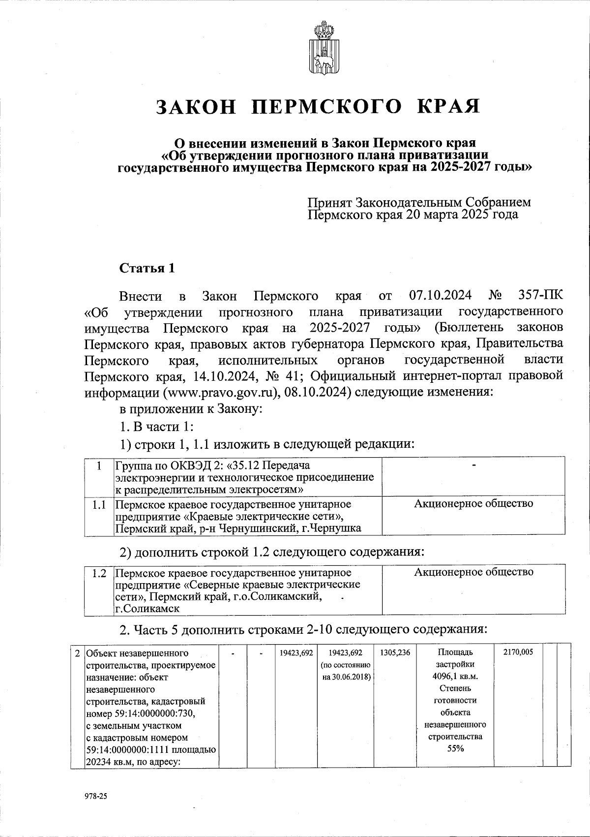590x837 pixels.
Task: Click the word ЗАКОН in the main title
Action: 197,107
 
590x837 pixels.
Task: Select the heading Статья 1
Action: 147,269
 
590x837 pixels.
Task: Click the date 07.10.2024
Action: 440,296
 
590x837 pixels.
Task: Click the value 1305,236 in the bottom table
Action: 395,653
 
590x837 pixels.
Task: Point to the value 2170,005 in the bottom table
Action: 518,652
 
